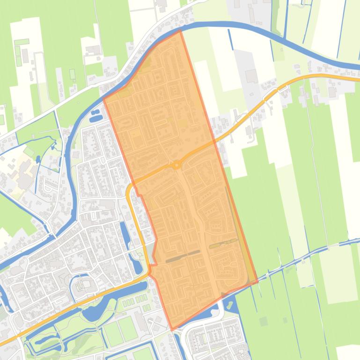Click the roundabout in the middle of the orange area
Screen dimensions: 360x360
tap(176, 165)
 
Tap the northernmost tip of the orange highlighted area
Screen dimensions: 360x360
tap(180, 30)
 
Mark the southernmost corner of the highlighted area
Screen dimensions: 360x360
tap(172, 330)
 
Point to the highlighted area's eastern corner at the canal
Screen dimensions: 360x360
tap(257, 281)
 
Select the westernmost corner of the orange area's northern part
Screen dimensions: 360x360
tap(103, 99)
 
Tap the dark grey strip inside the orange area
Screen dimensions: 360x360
tap(183, 255)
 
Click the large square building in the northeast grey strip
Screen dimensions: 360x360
tap(251, 76)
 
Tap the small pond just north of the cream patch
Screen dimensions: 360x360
tap(52, 146)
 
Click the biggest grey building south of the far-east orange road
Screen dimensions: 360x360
tap(332, 92)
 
